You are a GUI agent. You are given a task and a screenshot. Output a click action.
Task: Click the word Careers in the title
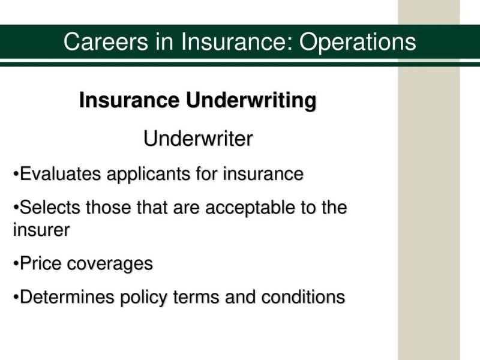tap(106, 41)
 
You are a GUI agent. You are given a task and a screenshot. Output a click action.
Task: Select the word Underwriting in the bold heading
tap(251, 101)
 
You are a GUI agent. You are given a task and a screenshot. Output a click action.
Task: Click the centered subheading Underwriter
tap(199, 139)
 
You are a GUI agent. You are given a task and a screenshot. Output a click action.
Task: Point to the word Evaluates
tap(61, 174)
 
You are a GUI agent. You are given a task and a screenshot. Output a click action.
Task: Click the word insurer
tap(41, 230)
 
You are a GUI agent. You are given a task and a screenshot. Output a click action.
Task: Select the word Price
tap(40, 263)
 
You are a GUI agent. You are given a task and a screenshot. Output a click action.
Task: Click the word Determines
tap(67, 297)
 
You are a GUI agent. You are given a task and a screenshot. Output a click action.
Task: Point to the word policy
tap(143, 298)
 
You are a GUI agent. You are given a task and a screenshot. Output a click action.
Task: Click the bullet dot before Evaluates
tap(16, 175)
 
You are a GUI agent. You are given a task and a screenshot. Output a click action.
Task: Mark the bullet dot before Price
tap(16, 265)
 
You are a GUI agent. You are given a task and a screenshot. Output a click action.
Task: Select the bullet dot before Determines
tap(16, 298)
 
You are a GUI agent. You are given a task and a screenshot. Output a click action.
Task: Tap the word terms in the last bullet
tap(196, 298)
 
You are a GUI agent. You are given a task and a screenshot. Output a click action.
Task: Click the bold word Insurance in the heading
tap(129, 100)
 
